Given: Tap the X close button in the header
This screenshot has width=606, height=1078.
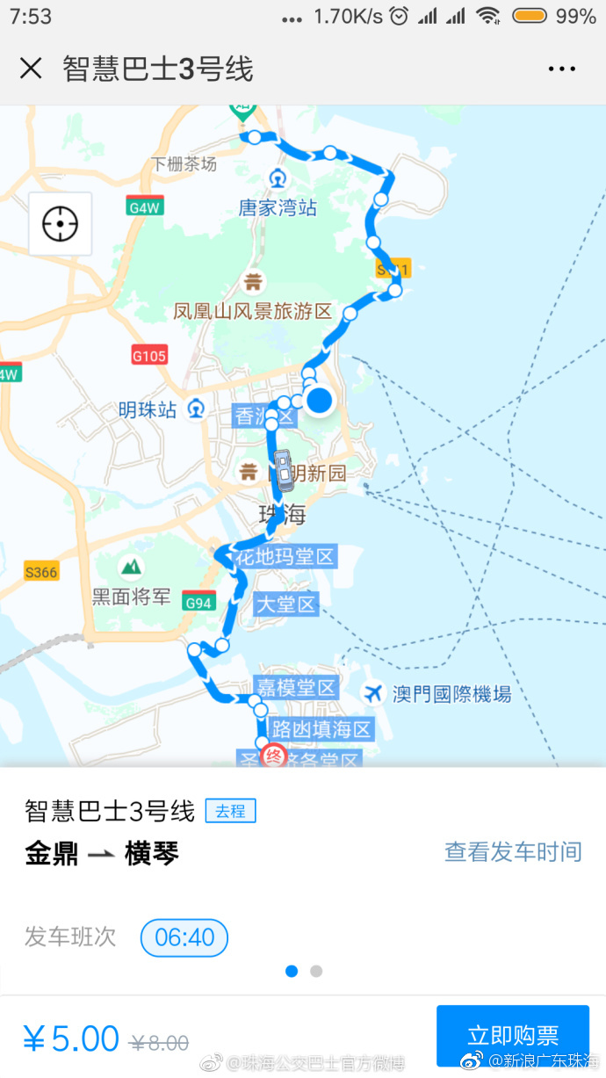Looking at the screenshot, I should click(x=31, y=69).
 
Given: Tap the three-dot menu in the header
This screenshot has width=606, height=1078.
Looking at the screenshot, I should click(x=561, y=69).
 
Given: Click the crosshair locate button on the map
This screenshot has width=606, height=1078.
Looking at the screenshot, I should click(x=60, y=224).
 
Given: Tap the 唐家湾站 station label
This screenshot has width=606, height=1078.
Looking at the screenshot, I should click(x=278, y=207).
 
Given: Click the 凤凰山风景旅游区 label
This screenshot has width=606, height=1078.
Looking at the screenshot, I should click(x=253, y=311).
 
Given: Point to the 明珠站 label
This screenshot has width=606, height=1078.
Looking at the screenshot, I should click(x=148, y=409).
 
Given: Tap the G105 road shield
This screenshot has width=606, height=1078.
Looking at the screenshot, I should click(x=149, y=356).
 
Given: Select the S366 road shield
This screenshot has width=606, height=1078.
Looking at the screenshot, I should click(x=41, y=572).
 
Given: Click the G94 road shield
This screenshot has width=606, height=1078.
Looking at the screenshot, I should click(x=198, y=603).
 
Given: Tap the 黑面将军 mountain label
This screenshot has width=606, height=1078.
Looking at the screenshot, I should click(x=132, y=597).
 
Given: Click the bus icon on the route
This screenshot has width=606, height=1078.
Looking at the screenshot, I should click(x=284, y=469).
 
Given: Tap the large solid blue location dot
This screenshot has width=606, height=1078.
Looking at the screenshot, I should click(x=321, y=401).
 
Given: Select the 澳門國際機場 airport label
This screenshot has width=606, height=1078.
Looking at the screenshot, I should click(x=451, y=694).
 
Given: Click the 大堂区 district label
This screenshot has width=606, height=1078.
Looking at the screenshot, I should click(x=285, y=604).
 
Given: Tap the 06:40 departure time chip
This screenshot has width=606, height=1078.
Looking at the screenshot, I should click(x=184, y=937).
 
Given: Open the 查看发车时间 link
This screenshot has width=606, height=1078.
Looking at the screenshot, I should click(x=513, y=851).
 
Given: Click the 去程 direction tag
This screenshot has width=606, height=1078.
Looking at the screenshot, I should click(x=230, y=811).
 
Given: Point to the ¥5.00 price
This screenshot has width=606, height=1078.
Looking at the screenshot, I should click(x=71, y=1038).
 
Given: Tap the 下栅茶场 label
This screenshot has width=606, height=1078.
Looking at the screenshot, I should click(x=184, y=163).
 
